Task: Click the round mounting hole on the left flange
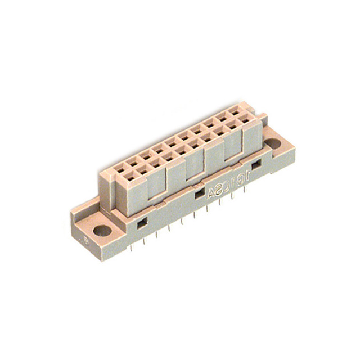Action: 102,230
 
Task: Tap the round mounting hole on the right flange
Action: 273,145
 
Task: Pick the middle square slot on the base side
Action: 200,194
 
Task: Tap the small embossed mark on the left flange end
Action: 85,240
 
